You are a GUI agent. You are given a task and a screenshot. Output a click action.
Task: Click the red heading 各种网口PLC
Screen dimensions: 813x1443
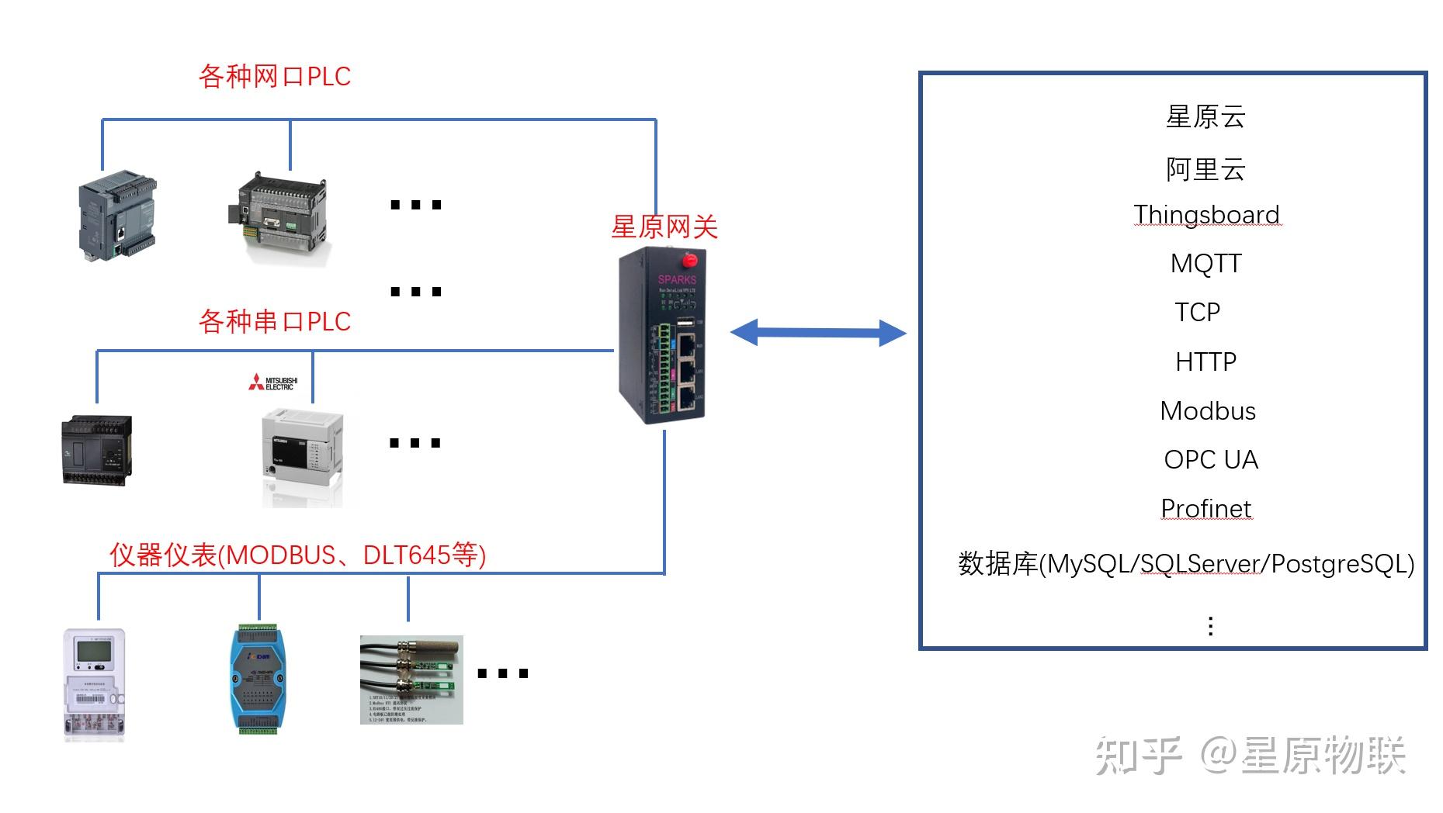[x=275, y=76]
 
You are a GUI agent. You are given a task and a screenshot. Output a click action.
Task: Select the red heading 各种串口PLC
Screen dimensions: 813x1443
[x=275, y=320]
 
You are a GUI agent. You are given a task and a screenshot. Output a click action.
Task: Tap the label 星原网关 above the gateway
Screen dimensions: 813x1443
[x=664, y=227]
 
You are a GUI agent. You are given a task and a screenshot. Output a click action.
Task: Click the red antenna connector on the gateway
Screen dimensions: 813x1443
[x=688, y=259]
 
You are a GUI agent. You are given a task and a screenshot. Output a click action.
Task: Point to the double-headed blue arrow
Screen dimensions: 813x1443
[x=818, y=333]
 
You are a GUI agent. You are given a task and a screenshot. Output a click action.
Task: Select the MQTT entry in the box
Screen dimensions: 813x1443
[x=1205, y=264]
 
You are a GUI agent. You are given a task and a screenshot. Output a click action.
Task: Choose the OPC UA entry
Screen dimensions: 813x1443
[x=1210, y=459]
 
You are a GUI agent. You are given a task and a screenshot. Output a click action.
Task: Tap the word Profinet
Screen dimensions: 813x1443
[x=1205, y=508]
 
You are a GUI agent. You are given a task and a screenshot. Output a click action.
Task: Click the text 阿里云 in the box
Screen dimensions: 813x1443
[x=1205, y=169]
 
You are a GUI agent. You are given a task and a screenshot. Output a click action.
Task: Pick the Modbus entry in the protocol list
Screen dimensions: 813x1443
[x=1207, y=410]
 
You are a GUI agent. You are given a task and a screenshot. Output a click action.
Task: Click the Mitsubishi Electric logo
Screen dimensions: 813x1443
[x=273, y=382]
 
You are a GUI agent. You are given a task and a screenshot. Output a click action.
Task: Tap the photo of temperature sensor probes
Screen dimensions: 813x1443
[x=411, y=680]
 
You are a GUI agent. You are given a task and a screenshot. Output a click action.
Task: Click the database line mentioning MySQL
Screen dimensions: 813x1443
[x=1185, y=564]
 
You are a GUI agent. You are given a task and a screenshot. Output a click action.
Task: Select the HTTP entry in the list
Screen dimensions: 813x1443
[x=1205, y=362]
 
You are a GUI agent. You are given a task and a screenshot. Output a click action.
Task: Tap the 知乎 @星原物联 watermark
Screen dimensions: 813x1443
[x=1250, y=755]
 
